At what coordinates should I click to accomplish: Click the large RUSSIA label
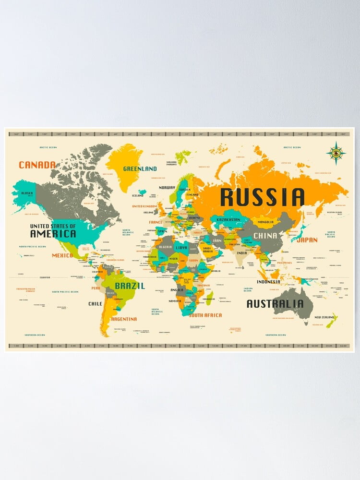tap(263, 197)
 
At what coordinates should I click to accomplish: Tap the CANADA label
tap(37, 165)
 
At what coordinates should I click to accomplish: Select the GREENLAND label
tap(140, 169)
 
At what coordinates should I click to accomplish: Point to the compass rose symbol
tap(336, 154)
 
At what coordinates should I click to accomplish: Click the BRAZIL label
tap(130, 285)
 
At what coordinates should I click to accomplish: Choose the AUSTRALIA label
tap(275, 304)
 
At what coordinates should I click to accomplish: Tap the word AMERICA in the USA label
tap(53, 234)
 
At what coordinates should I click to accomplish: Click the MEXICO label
tap(62, 255)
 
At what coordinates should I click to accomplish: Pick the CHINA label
tap(265, 236)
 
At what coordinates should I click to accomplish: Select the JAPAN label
tap(307, 240)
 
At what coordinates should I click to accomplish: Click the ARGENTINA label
tap(124, 319)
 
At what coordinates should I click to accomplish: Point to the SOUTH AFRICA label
tap(205, 315)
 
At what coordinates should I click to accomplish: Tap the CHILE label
tap(95, 304)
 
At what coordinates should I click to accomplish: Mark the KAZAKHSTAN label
tap(228, 220)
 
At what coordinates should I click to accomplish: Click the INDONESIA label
tap(268, 282)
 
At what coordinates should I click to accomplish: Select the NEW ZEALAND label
tap(324, 317)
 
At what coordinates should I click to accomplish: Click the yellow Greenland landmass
tap(126, 158)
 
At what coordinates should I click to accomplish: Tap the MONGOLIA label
tap(265, 222)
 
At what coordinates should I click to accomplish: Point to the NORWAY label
tap(167, 187)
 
